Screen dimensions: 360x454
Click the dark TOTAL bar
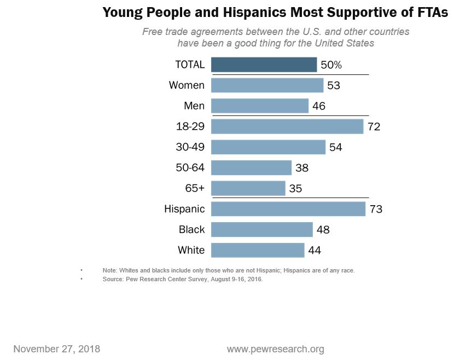(x=264, y=65)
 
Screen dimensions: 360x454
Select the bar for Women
(x=267, y=85)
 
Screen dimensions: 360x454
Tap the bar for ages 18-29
(x=287, y=126)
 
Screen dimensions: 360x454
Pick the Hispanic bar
(x=288, y=209)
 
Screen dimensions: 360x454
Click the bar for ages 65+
(x=248, y=188)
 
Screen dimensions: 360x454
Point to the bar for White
(x=257, y=250)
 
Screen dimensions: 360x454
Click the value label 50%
(x=331, y=65)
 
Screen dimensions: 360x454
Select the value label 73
(x=375, y=209)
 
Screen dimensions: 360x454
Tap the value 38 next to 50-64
(x=301, y=168)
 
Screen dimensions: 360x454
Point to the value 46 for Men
(x=318, y=106)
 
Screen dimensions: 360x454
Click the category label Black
(x=191, y=230)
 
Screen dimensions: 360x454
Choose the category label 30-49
(x=190, y=147)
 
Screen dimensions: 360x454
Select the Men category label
(x=194, y=106)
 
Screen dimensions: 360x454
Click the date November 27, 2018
(x=56, y=349)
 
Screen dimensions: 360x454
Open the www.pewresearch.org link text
(x=275, y=349)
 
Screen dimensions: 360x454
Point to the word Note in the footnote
(x=109, y=271)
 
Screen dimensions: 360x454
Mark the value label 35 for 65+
(x=295, y=189)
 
